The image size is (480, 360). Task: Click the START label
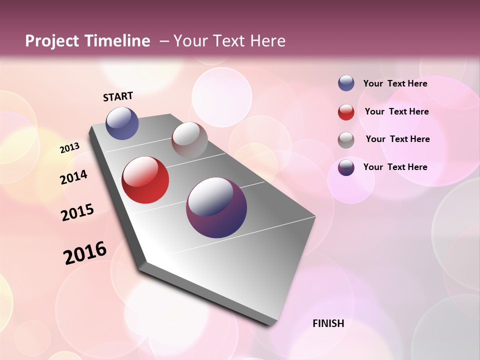[x=118, y=96]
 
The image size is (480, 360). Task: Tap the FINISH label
[x=328, y=323]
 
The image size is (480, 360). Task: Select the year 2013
[x=69, y=148]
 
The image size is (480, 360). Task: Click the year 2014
[x=73, y=177]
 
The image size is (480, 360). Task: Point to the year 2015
[x=77, y=212]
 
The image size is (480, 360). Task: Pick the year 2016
[x=85, y=253]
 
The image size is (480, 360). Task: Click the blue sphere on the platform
[x=122, y=123]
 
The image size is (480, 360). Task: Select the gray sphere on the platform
[x=189, y=139]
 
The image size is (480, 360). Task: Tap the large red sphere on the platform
[x=145, y=180]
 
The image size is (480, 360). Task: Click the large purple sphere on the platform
[x=216, y=207]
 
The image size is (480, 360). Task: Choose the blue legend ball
[x=346, y=83]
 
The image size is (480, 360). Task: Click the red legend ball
[x=346, y=112]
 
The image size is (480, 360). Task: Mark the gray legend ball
[x=346, y=140]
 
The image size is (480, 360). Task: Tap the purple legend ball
[x=346, y=167]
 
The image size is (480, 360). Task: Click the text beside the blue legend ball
[x=395, y=83]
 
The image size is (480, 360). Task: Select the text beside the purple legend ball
[x=395, y=167]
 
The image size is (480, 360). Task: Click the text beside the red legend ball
[x=396, y=111]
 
